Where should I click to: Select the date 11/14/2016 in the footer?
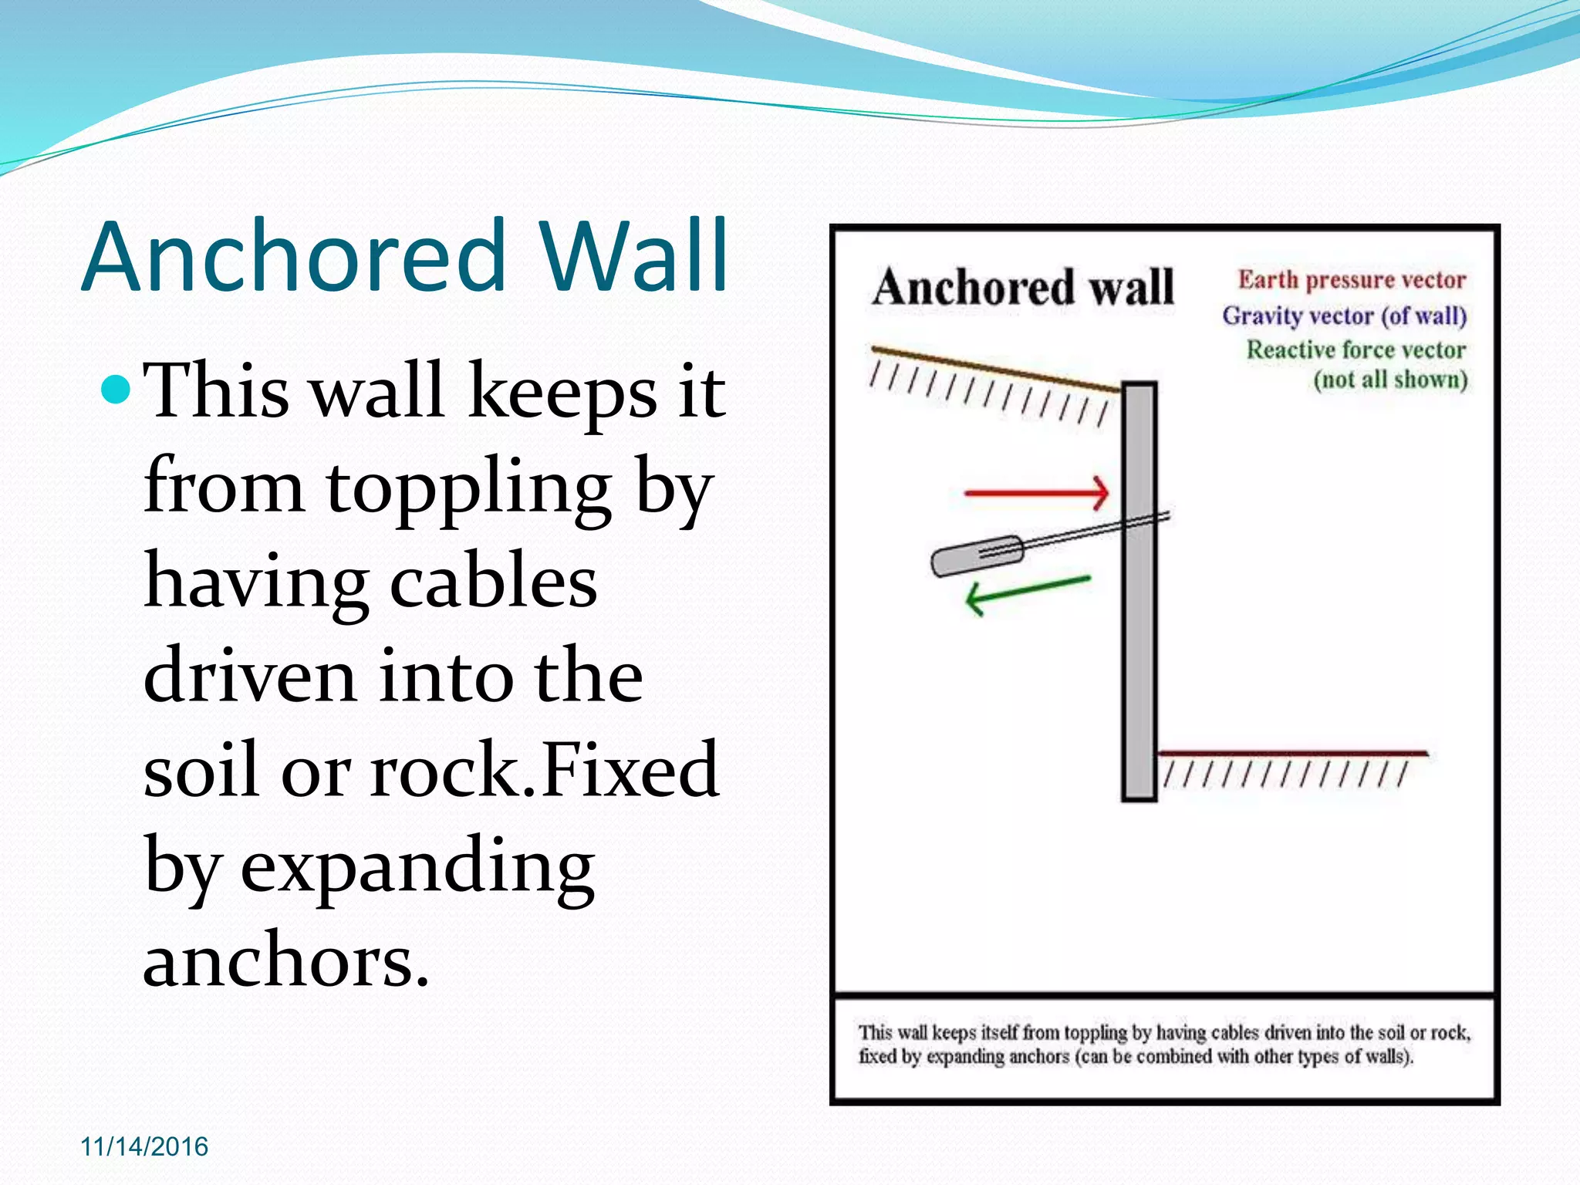(144, 1146)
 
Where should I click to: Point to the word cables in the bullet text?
(493, 582)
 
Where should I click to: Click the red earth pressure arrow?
(1036, 492)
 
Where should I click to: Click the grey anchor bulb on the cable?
(976, 555)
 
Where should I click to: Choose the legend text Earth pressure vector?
(1352, 279)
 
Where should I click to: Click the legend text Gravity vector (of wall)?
(1344, 316)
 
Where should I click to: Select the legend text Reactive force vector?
(1355, 350)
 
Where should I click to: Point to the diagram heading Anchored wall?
(1023, 287)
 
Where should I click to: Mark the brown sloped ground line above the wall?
(995, 370)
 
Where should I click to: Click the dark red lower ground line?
(1292, 753)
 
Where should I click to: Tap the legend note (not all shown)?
(1390, 380)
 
